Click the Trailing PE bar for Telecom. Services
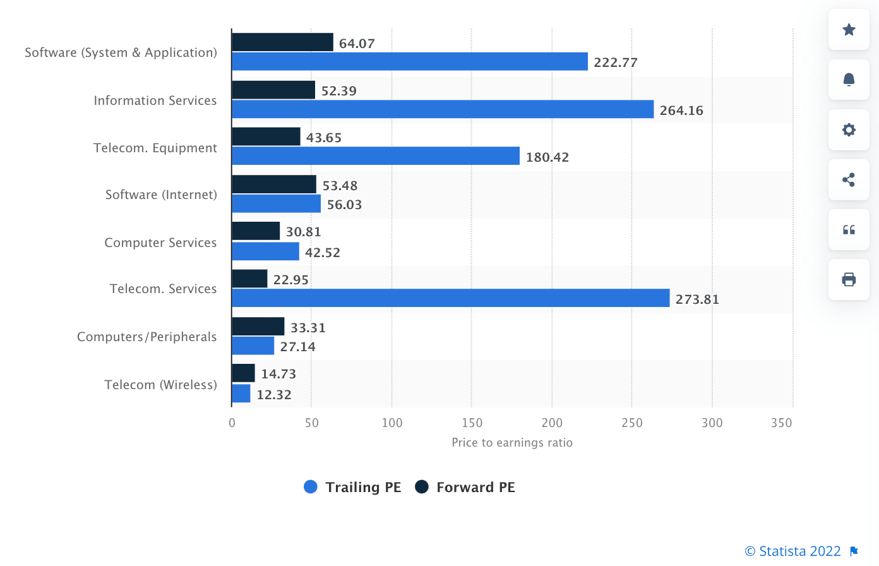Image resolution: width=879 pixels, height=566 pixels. pyautogui.click(x=450, y=298)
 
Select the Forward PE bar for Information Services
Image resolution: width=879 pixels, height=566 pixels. pyautogui.click(x=273, y=90)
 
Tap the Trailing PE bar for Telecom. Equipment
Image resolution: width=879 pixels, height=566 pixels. pyautogui.click(x=376, y=156)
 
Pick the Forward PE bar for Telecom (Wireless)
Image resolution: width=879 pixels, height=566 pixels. pyautogui.click(x=244, y=373)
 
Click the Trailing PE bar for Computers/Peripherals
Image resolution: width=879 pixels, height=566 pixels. pyautogui.click(x=253, y=346)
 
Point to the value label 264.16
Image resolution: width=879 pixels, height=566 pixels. pyautogui.click(x=681, y=111)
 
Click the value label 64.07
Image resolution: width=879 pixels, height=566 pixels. pyautogui.click(x=357, y=44)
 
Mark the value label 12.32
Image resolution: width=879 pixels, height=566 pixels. pyautogui.click(x=274, y=395)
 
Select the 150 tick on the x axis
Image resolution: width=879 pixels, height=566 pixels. pyautogui.click(x=472, y=423)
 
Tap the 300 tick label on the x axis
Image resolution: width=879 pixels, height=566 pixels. pyautogui.click(x=712, y=423)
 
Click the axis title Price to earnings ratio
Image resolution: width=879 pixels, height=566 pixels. pyautogui.click(x=512, y=443)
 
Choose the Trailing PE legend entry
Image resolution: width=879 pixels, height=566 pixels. pyautogui.click(x=353, y=487)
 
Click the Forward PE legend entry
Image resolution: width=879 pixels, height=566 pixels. pyautogui.click(x=465, y=487)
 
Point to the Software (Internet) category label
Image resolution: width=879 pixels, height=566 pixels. pyautogui.click(x=161, y=195)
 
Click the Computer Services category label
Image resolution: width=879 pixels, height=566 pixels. pyautogui.click(x=160, y=243)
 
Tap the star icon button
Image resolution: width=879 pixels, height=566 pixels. pyautogui.click(x=849, y=30)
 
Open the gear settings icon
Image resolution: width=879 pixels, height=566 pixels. pyautogui.click(x=849, y=129)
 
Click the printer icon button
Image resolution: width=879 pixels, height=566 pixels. pyautogui.click(x=849, y=279)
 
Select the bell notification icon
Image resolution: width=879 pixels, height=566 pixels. pyautogui.click(x=849, y=80)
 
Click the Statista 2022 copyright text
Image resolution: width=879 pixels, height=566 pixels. pyautogui.click(x=793, y=551)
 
